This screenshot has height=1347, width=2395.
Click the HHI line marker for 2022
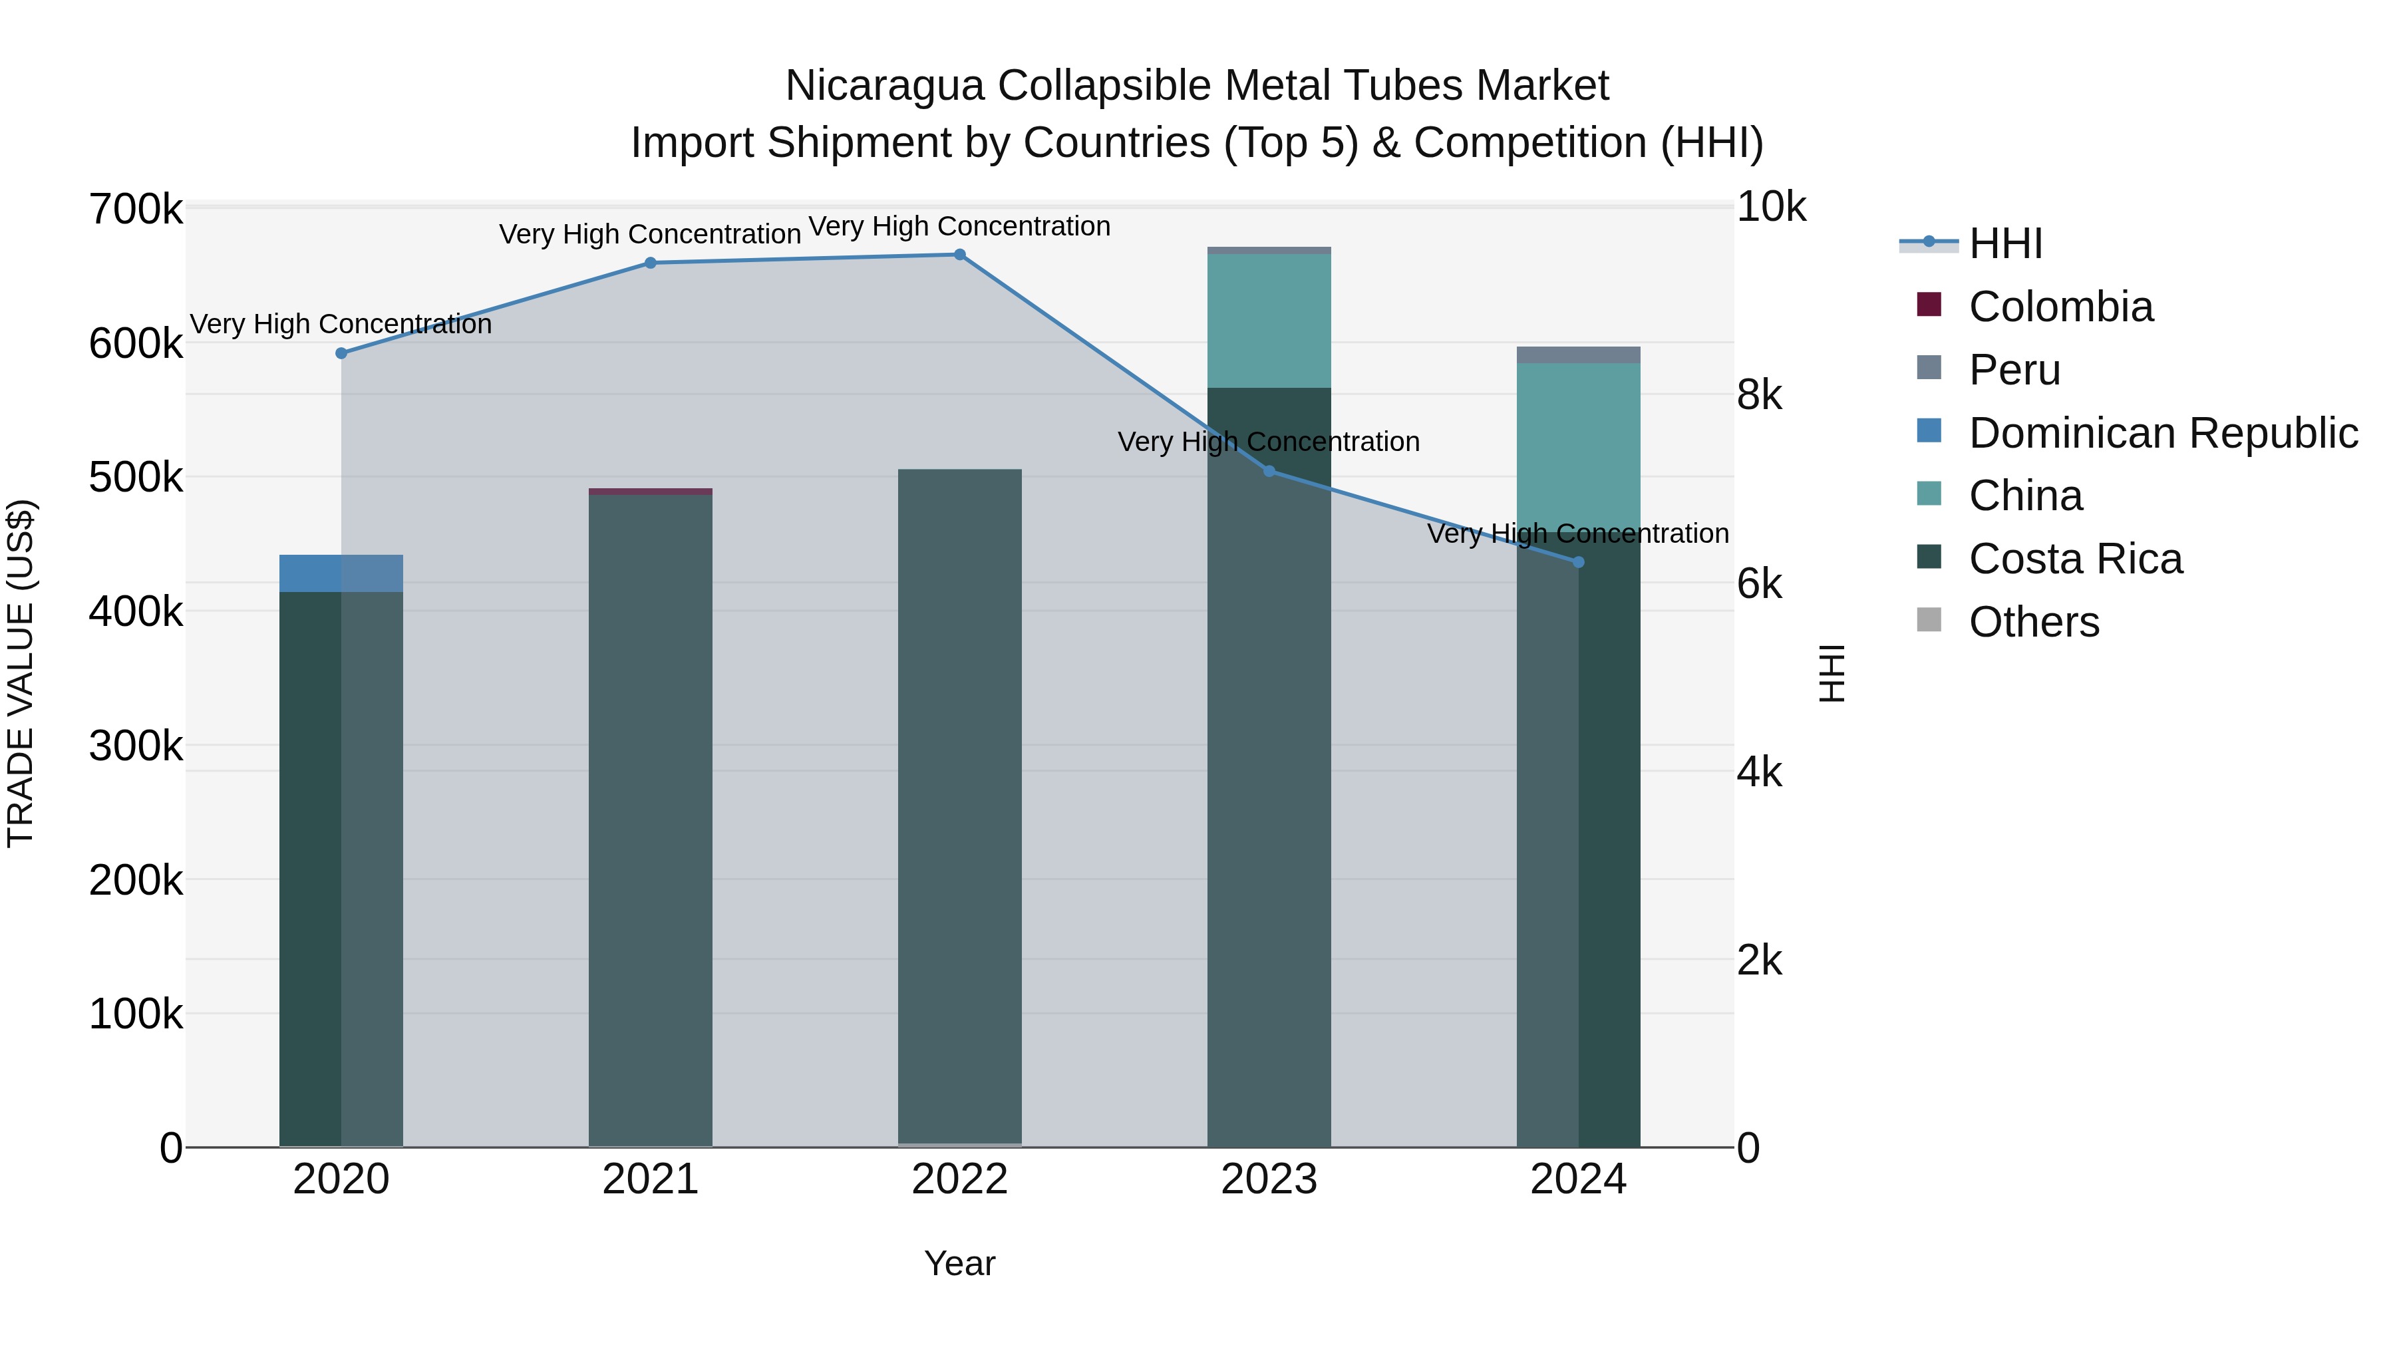coord(959,255)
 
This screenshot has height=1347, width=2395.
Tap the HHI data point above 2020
coord(341,353)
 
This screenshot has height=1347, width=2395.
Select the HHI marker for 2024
coord(1578,562)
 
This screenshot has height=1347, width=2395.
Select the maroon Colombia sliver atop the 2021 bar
coord(650,492)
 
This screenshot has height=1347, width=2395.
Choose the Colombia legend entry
coord(2059,307)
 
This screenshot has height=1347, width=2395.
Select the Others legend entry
coord(2033,622)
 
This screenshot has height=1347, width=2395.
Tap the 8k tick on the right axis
coord(1759,396)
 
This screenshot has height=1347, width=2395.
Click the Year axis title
coord(959,1263)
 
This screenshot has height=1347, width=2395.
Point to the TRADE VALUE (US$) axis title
coord(21,674)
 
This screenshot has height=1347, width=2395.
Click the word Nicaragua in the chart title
coord(884,86)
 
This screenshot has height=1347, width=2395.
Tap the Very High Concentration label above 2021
coord(650,234)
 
